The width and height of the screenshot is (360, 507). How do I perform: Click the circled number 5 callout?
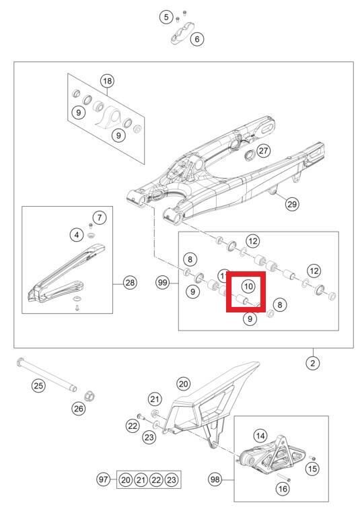pyautogui.click(x=166, y=17)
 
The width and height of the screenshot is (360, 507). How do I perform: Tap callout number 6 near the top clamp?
pyautogui.click(x=197, y=39)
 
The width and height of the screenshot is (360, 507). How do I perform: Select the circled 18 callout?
pyautogui.click(x=107, y=81)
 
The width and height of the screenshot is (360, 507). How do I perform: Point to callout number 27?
pyautogui.click(x=264, y=151)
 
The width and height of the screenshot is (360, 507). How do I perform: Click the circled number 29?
pyautogui.click(x=291, y=204)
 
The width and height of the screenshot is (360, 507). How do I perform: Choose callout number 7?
pyautogui.click(x=99, y=217)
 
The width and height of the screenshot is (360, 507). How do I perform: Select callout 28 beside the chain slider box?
pyautogui.click(x=130, y=283)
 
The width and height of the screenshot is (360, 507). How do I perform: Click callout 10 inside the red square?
pyautogui.click(x=247, y=286)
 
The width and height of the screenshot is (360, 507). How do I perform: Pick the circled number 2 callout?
pyautogui.click(x=312, y=363)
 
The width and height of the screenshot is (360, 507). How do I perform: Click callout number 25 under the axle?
pyautogui.click(x=38, y=386)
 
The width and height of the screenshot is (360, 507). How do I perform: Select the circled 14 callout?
pyautogui.click(x=260, y=435)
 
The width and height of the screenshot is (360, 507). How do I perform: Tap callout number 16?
pyautogui.click(x=282, y=488)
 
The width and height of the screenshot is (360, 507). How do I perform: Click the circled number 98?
pyautogui.click(x=215, y=479)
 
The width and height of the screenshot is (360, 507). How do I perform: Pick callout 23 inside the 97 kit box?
pyautogui.click(x=172, y=479)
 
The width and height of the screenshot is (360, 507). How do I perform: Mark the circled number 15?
pyautogui.click(x=312, y=468)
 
